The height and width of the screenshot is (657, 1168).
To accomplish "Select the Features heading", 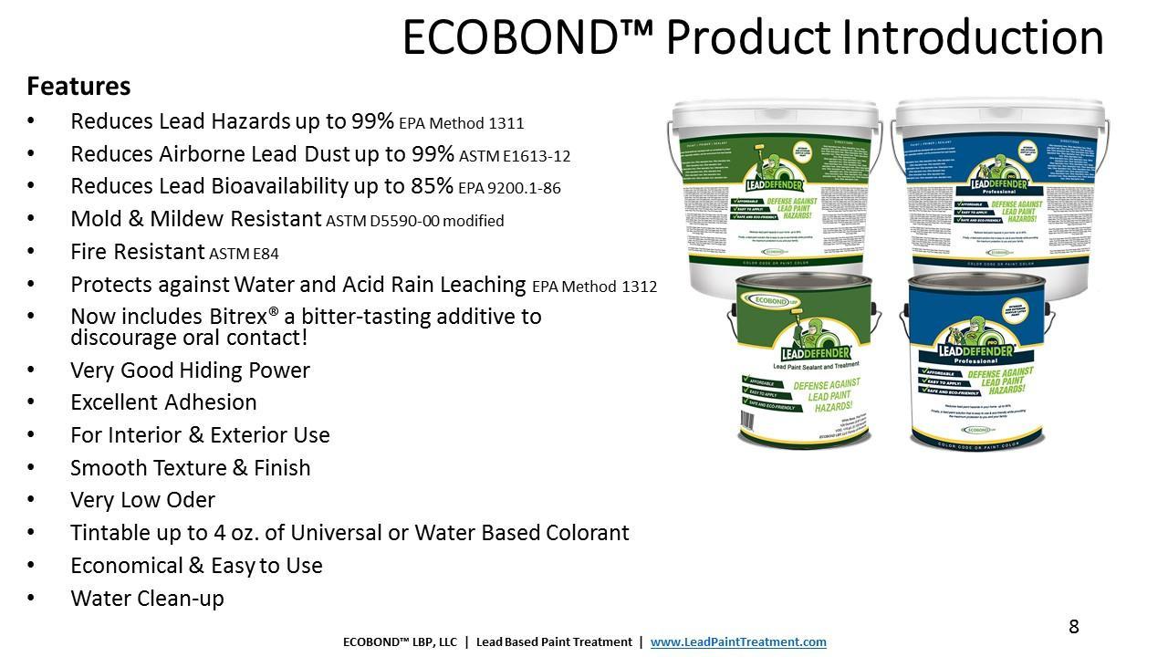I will coord(78,87).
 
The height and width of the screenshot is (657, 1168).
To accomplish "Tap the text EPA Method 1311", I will coord(462,123).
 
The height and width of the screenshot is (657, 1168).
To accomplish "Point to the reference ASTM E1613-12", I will coord(515,156).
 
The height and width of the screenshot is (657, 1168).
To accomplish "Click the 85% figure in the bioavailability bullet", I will coord(432,186).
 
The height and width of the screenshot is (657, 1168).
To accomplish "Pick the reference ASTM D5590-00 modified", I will coord(414,221).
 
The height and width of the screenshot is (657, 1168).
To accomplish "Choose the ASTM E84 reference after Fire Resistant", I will coord(244,254).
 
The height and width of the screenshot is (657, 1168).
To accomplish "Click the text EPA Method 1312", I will coord(594,287).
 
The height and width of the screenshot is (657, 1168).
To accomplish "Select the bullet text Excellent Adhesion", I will coord(163,402).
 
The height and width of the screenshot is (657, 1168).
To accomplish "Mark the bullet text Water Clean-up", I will coord(147,599).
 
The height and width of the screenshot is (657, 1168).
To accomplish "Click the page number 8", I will coord(1074,627).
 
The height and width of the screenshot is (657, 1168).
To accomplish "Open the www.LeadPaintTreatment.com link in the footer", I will coord(738,642).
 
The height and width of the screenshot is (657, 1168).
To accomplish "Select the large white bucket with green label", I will coord(776,192).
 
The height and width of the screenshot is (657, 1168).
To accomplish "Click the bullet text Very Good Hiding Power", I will coord(190,370).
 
